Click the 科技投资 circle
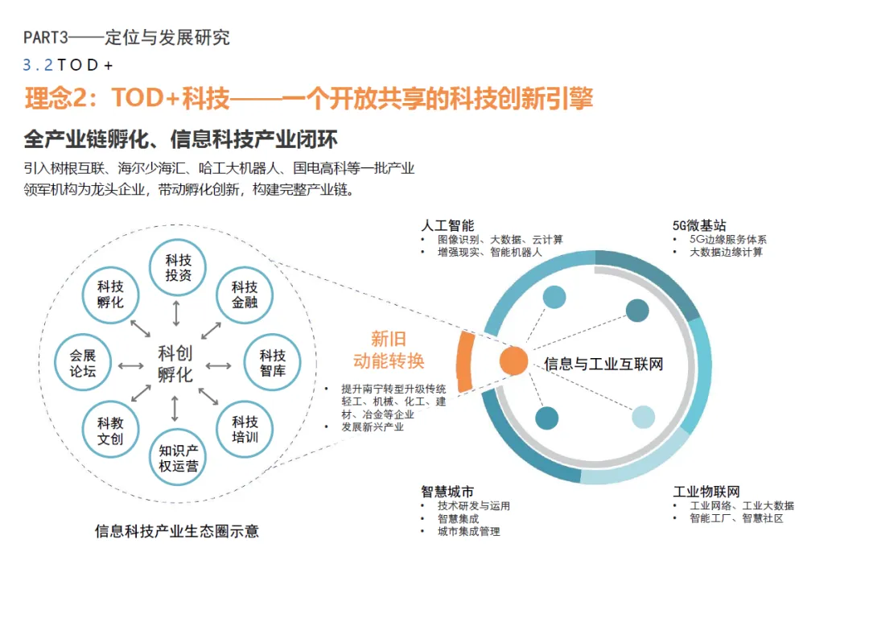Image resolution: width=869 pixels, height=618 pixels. tap(179, 268)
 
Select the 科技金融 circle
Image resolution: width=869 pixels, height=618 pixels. tap(245, 295)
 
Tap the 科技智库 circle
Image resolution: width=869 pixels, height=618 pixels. tap(273, 363)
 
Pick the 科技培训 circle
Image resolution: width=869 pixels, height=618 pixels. tap(245, 430)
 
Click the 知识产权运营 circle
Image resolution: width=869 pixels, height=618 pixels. tap(179, 458)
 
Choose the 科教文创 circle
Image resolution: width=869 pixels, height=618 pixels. tap(110, 431)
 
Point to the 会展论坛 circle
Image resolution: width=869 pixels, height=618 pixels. tap(83, 363)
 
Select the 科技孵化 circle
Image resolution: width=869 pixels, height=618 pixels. tap(110, 295)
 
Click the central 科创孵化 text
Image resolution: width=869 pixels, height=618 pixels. tap(175, 364)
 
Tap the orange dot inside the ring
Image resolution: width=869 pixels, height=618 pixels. tap(513, 361)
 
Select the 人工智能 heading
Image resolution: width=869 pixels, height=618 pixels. tap(447, 225)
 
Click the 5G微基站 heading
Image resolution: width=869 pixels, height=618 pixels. tap(699, 225)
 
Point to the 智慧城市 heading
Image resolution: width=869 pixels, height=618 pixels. tap(447, 492)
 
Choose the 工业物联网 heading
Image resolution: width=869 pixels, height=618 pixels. tap(706, 492)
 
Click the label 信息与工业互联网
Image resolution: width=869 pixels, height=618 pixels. tap(603, 364)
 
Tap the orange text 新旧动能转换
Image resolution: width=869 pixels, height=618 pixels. tap(389, 349)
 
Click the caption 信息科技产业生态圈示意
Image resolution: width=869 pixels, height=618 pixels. tap(177, 532)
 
